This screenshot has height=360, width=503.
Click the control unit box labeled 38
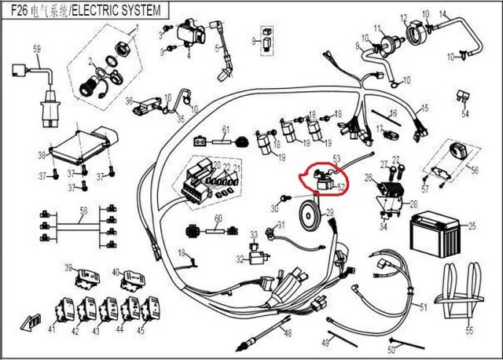(x=79, y=141)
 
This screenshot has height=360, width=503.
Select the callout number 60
(x=219, y=219)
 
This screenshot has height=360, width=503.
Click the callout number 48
(x=288, y=334)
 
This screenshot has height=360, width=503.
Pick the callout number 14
(x=442, y=13)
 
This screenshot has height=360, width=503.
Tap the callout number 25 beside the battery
(x=472, y=226)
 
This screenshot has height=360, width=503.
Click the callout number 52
(x=341, y=187)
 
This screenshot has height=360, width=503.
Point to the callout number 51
(x=423, y=306)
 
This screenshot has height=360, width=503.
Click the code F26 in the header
(x=19, y=10)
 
